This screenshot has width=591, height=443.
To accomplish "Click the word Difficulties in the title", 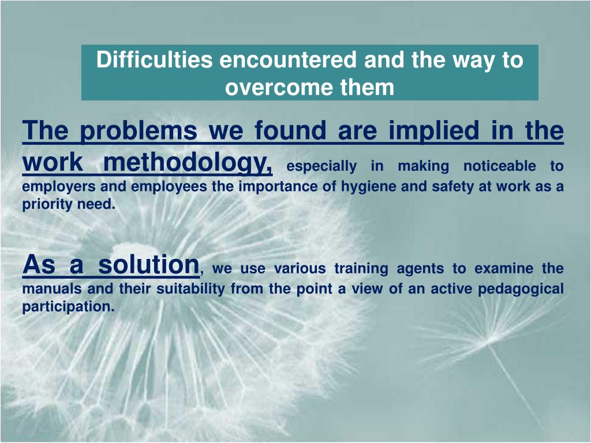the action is click(x=154, y=59).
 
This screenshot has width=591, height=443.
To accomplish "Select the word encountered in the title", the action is click(x=288, y=59).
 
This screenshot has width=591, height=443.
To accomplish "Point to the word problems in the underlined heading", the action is click(x=139, y=131).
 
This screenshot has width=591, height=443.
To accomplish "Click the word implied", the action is click(x=433, y=131).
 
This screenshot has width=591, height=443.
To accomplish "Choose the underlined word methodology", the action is click(x=188, y=163).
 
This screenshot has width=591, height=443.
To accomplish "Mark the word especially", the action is click(x=321, y=167).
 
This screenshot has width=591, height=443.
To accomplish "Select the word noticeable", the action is click(x=499, y=166).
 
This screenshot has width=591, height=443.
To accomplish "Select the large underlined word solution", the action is click(x=148, y=264).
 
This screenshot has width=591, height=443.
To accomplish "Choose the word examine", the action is click(x=504, y=269).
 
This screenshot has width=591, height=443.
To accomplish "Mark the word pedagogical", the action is click(x=521, y=290).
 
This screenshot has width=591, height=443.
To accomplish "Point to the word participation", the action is click(x=68, y=307).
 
